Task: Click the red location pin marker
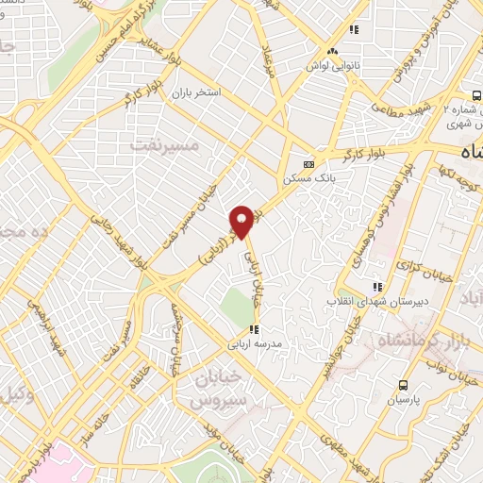[241, 221]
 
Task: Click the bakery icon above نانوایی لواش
[331, 52]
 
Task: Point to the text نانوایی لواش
[331, 68]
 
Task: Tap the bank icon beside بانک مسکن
[305, 160]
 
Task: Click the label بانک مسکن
[304, 176]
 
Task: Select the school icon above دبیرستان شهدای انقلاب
[377, 286]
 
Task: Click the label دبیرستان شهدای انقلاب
[377, 301]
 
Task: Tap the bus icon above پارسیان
[404, 385]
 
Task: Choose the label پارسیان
[404, 400]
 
